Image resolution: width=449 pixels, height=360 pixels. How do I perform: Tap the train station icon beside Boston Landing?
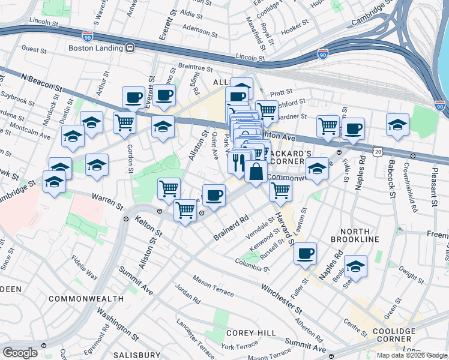[130, 47]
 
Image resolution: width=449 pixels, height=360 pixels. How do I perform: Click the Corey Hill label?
[251, 332]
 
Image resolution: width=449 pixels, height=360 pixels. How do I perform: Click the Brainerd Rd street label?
[231, 228]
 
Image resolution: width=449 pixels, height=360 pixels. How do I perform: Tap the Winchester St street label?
[281, 298]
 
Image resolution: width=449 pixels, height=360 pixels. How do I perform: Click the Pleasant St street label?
[433, 184]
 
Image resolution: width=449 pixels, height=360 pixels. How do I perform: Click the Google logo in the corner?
[20, 353]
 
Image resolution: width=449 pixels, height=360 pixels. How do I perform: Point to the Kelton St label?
[149, 226]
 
